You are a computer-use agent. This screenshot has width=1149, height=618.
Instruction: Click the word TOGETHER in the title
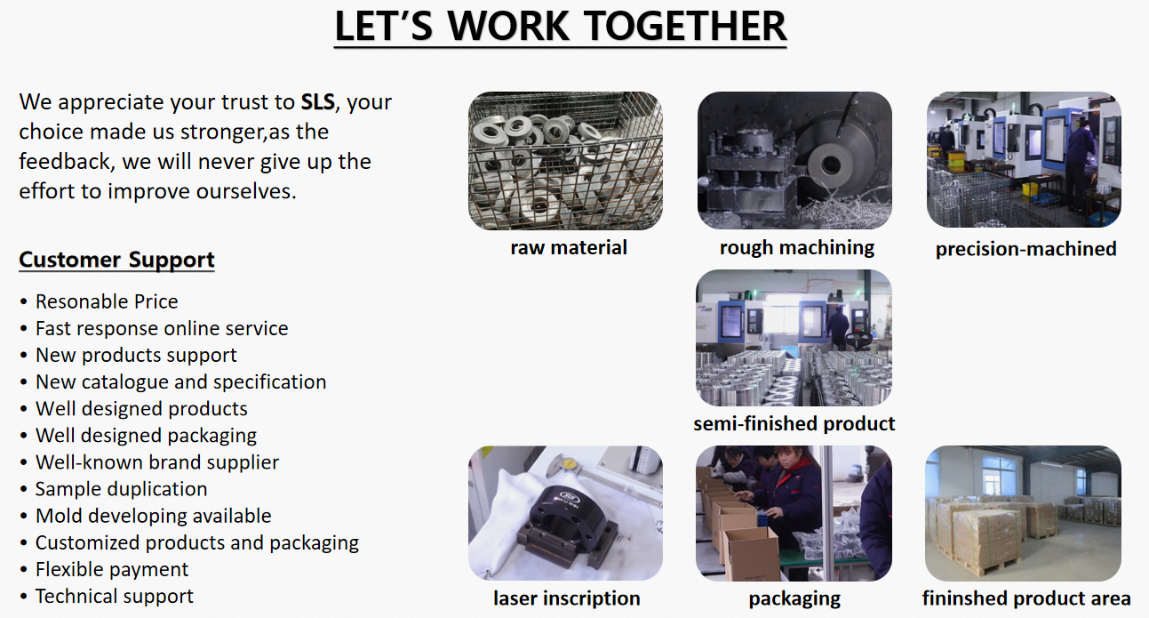coord(685,26)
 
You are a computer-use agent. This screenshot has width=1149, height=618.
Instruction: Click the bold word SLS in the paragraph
coord(317,101)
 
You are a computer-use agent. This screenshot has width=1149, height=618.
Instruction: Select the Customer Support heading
coord(116,260)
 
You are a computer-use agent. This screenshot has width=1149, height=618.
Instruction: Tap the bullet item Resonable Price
coord(106,301)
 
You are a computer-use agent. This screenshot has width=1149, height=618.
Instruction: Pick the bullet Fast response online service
coord(162,328)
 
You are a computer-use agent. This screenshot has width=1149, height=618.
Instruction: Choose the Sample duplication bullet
coord(121,489)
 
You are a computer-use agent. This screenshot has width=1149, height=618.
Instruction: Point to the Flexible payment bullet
coord(112,569)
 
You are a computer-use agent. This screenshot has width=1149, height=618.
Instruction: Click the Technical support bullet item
coord(115,596)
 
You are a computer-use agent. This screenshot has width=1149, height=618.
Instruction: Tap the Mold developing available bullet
coord(153,516)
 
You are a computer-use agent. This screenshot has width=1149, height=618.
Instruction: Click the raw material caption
coord(569,247)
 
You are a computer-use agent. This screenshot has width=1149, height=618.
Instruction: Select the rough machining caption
coord(796,247)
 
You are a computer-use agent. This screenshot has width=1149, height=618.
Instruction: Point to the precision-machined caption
coord(1025,249)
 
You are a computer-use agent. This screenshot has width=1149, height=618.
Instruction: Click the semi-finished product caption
coord(794,423)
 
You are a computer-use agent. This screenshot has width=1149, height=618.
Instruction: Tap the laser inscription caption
coord(566,598)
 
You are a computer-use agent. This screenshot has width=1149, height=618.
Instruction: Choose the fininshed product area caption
coord(1025,598)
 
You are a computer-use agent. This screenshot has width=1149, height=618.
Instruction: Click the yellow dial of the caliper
coord(569,463)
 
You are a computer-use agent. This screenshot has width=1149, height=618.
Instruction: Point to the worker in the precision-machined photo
coord(1078,165)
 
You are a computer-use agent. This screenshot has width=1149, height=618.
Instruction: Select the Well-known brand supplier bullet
coord(157,462)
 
